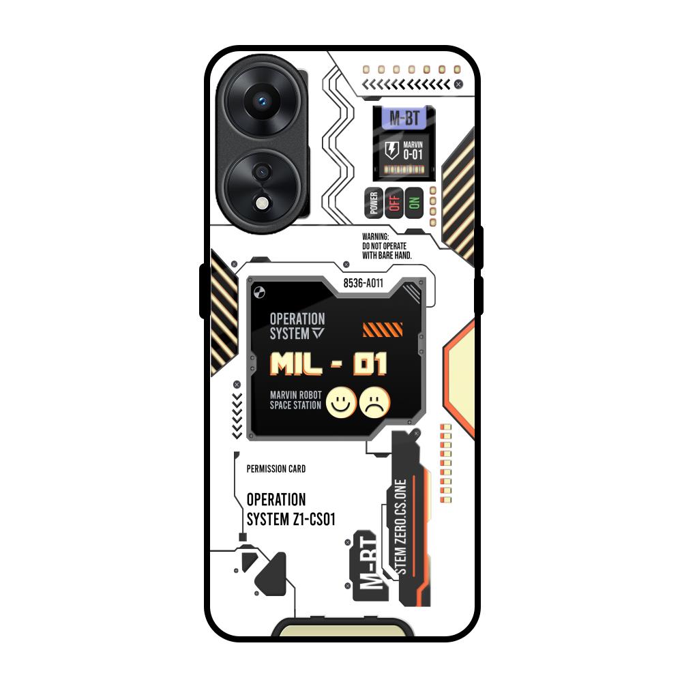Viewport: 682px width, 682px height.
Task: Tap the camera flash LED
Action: tap(262, 203)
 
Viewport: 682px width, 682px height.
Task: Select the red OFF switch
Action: tap(394, 203)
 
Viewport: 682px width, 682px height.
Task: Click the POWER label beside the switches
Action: tap(373, 203)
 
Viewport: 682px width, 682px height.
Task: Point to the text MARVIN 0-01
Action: tap(413, 150)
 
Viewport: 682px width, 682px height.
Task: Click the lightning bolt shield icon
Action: tap(392, 150)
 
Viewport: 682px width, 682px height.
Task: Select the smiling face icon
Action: tap(340, 402)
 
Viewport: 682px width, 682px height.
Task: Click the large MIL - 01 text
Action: tap(329, 364)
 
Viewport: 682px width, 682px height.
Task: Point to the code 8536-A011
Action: tap(364, 283)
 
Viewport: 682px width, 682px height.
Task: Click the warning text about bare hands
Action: tap(387, 246)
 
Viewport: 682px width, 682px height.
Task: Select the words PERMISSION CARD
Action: tap(276, 469)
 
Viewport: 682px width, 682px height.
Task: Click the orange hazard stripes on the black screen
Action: tap(383, 330)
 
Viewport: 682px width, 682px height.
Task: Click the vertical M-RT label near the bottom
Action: tap(369, 565)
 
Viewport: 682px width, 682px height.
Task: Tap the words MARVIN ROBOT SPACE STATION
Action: tap(295, 400)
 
